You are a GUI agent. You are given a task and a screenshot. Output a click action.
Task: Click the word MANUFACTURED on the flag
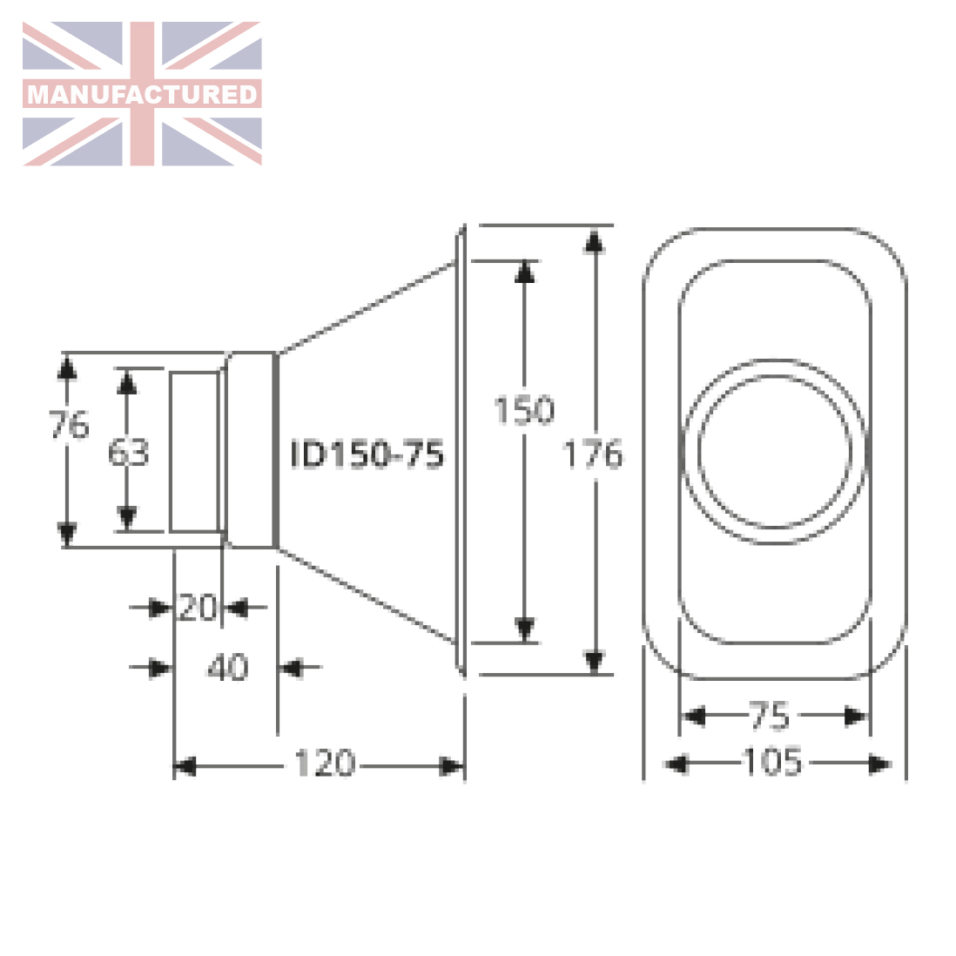(x=142, y=95)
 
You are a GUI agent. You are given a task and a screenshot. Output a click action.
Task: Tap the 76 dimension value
(x=69, y=424)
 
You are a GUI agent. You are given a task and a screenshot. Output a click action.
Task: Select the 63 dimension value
(x=128, y=453)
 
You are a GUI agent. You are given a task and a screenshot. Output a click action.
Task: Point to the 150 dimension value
(x=524, y=410)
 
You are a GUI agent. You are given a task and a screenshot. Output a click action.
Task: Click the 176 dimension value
(x=593, y=454)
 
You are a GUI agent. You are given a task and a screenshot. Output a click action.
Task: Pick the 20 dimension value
(x=196, y=608)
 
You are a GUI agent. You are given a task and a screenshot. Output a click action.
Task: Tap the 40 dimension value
(x=227, y=667)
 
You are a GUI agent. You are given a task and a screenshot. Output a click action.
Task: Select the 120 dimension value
(x=325, y=763)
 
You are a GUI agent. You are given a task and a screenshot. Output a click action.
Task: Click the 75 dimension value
(x=769, y=716)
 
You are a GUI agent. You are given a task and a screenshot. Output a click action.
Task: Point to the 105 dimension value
(x=772, y=762)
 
